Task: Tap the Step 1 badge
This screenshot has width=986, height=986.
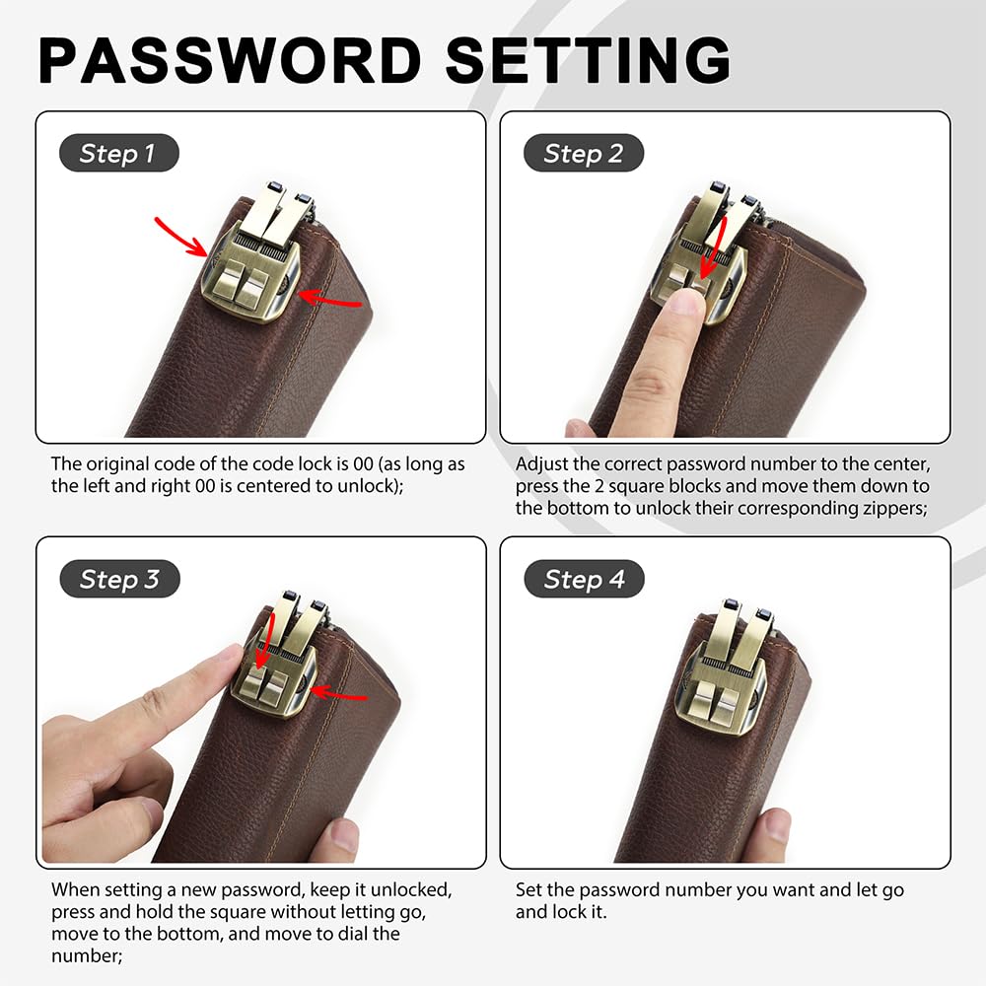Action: coord(117,154)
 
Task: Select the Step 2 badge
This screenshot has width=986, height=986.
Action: coord(583,154)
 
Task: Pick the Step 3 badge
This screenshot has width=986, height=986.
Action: coord(119,580)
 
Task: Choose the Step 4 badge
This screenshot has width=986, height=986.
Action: coord(584,580)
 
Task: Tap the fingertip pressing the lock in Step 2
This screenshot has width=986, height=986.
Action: coord(683,306)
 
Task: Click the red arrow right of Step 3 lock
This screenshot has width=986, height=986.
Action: coord(340,696)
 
